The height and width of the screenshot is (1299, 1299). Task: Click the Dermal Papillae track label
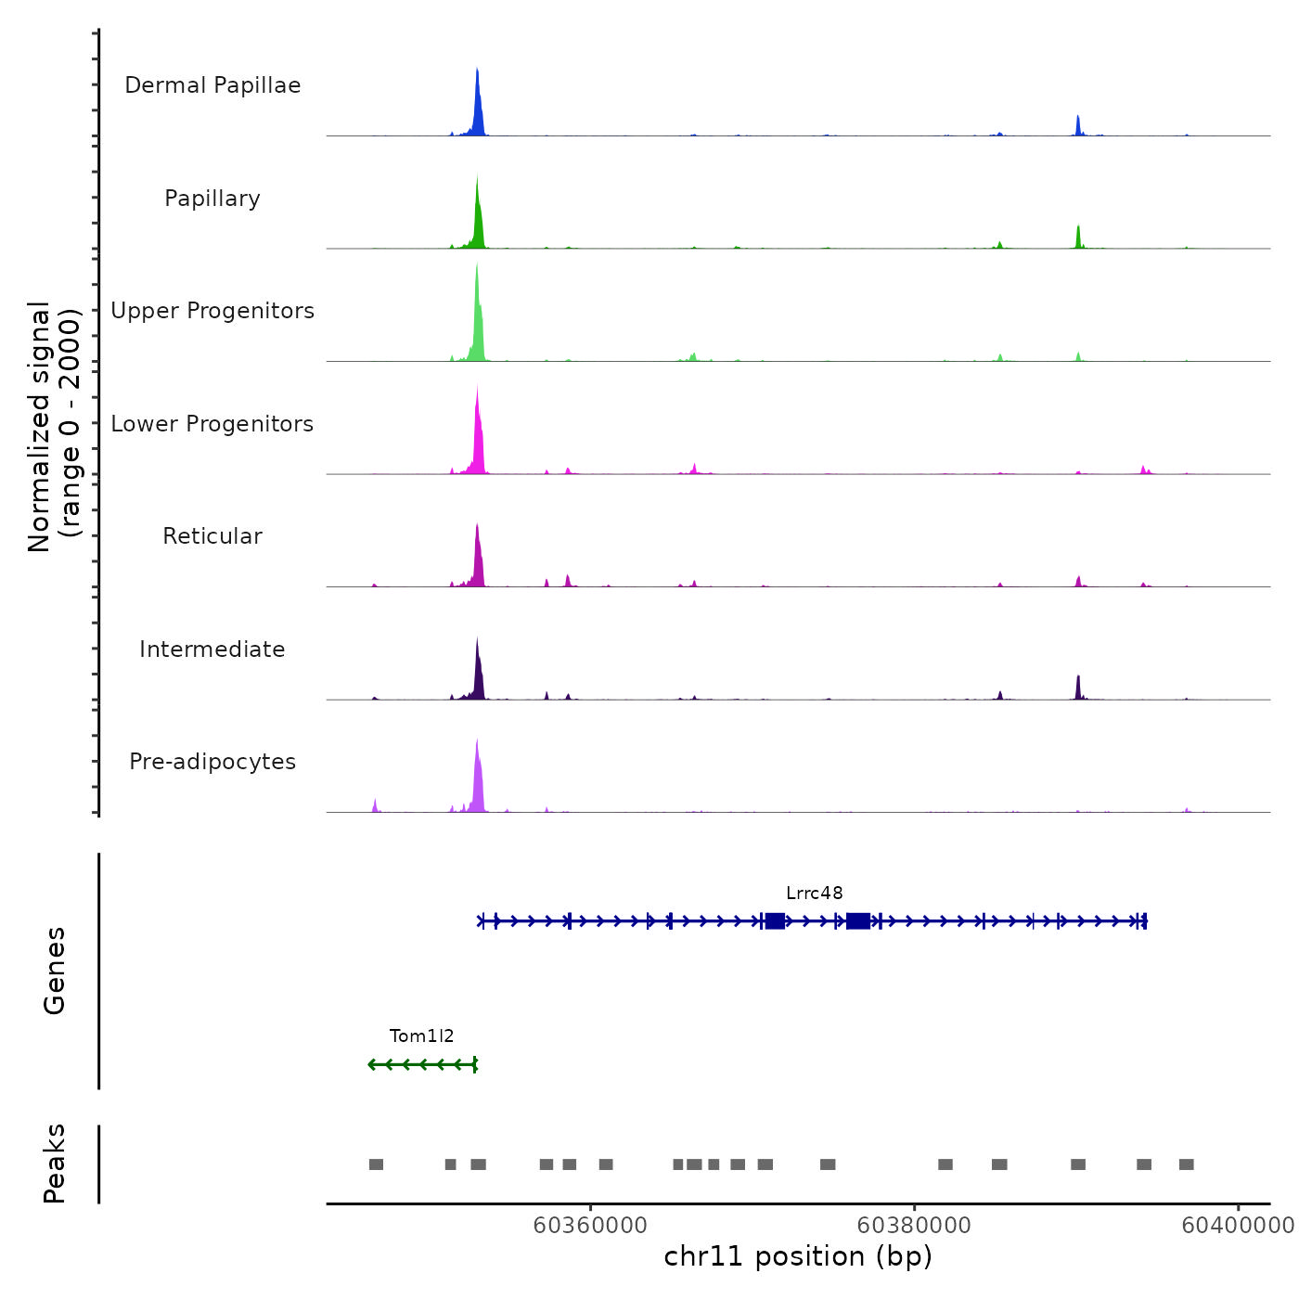pos(212,85)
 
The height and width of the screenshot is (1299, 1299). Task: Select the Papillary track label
pos(212,199)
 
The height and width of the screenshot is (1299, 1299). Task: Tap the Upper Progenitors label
pos(212,311)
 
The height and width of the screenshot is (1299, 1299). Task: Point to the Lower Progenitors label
pos(212,424)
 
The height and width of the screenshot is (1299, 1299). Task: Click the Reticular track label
pos(212,536)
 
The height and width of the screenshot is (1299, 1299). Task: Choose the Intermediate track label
pos(212,649)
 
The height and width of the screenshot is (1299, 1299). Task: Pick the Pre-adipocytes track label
pos(212,762)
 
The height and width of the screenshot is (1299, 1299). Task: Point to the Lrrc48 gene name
pos(814,894)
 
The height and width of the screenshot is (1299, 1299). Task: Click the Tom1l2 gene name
pos(421,1036)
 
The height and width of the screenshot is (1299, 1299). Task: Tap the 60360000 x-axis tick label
pos(590,1226)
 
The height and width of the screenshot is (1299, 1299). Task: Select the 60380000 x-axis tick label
pos(914,1226)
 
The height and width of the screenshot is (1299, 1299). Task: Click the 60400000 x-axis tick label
pos(1237,1226)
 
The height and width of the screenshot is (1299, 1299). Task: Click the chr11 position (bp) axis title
pos(798,1257)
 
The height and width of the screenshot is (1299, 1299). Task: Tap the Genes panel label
pos(55,971)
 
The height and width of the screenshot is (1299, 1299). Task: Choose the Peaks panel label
pos(55,1164)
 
